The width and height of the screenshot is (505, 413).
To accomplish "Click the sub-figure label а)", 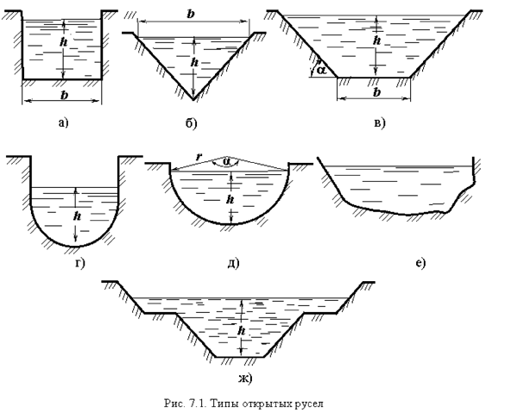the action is pyautogui.click(x=64, y=122).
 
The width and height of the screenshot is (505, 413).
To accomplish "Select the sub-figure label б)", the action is pyautogui.click(x=191, y=122).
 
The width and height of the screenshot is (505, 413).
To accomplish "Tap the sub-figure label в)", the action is pyautogui.click(x=380, y=122).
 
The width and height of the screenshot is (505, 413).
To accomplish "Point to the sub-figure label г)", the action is pyautogui.click(x=80, y=264).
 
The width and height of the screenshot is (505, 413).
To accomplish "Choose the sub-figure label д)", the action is pyautogui.click(x=233, y=264).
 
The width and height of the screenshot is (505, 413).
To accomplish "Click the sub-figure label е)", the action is pyautogui.click(x=421, y=264).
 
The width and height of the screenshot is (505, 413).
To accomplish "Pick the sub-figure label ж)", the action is pyautogui.click(x=245, y=379).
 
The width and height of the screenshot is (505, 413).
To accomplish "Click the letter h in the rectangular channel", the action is pyautogui.click(x=64, y=41).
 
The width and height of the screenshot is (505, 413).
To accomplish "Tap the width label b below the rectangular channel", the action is pyautogui.click(x=65, y=95).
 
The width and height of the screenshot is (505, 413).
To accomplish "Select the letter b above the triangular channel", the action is pyautogui.click(x=191, y=14).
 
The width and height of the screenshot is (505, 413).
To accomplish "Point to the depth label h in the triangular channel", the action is pyautogui.click(x=194, y=62).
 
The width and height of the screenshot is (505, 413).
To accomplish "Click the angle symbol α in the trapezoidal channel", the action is pyautogui.click(x=321, y=70).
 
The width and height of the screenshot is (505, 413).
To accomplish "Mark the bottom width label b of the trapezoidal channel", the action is pyautogui.click(x=376, y=92).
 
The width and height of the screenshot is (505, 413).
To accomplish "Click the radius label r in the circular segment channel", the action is pyautogui.click(x=199, y=157).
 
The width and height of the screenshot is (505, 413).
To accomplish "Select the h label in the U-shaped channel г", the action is pyautogui.click(x=77, y=216).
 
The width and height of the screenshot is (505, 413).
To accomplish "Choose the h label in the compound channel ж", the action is pyautogui.click(x=241, y=330).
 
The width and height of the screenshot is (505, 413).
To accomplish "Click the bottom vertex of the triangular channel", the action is pyautogui.click(x=193, y=100).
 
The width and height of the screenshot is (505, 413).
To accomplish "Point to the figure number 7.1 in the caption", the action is pyautogui.click(x=198, y=404).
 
